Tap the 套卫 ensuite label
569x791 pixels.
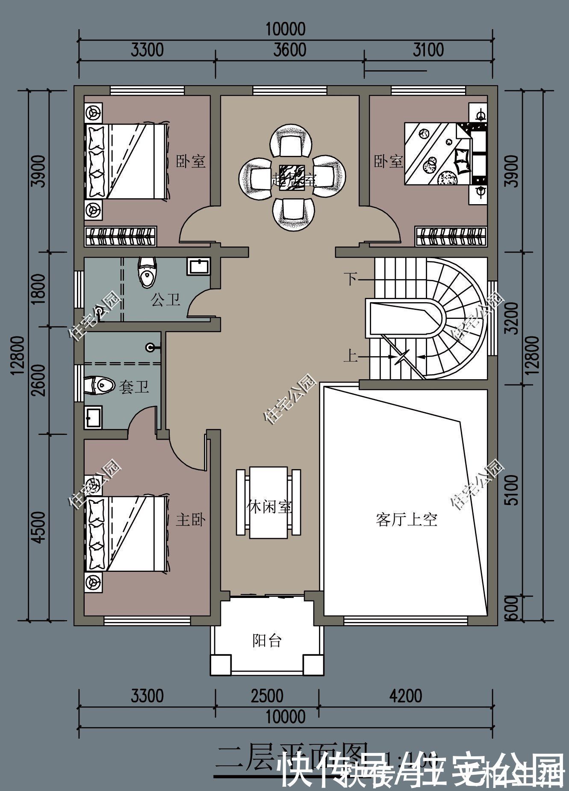[134, 387]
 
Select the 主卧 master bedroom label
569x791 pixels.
[190, 520]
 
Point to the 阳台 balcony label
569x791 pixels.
[267, 641]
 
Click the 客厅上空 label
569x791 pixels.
[406, 520]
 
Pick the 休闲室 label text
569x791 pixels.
[269, 507]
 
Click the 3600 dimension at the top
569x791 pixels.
[290, 50]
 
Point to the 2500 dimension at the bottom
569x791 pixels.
[267, 696]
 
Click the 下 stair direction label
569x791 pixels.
[351, 280]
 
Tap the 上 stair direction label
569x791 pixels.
[351, 356]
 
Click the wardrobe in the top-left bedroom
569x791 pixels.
[120, 237]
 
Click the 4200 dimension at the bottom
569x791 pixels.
[406, 696]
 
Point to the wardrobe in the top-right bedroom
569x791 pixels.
[451, 237]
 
